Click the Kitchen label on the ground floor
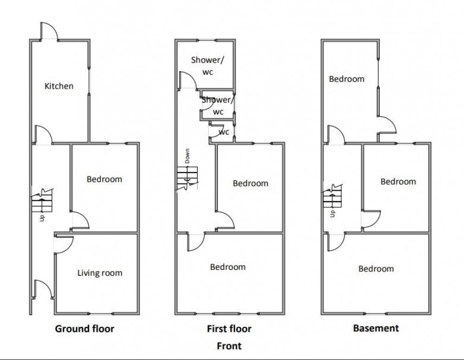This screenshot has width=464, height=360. point(59,86)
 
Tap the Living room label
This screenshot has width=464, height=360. point(99,273)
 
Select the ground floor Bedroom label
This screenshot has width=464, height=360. point(104,179)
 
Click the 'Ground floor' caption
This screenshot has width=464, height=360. point(85,329)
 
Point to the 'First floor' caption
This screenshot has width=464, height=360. point(229,329)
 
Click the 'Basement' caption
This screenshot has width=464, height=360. point(376,328)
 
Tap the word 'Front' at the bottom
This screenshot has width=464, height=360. point(229,345)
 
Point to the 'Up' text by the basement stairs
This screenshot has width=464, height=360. point(333,213)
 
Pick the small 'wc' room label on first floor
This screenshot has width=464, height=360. point(223,132)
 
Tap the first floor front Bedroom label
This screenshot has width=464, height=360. point(227,267)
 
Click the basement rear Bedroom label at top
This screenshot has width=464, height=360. point(346,79)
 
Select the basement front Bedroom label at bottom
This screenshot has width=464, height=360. point(376,269)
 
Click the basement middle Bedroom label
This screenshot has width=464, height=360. point(398,181)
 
